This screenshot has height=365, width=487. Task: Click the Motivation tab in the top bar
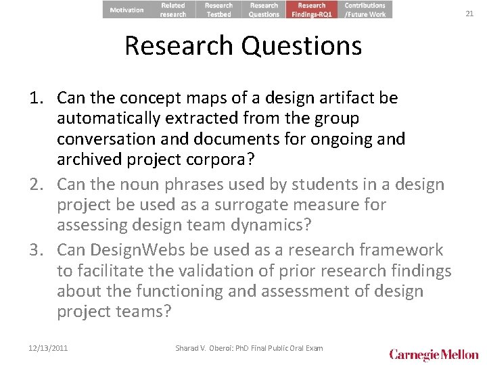[126, 9]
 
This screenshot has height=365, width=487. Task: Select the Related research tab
[173, 9]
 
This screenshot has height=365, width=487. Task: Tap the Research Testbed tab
[218, 9]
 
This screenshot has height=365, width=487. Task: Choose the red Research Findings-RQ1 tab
[311, 9]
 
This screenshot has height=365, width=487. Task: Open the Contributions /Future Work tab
[365, 9]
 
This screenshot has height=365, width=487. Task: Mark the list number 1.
[37, 98]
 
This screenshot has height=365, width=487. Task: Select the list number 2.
[37, 185]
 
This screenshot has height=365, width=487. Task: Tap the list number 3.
[37, 249]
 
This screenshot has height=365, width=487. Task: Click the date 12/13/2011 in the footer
[49, 348]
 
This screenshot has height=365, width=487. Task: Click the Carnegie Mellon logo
[433, 353]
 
